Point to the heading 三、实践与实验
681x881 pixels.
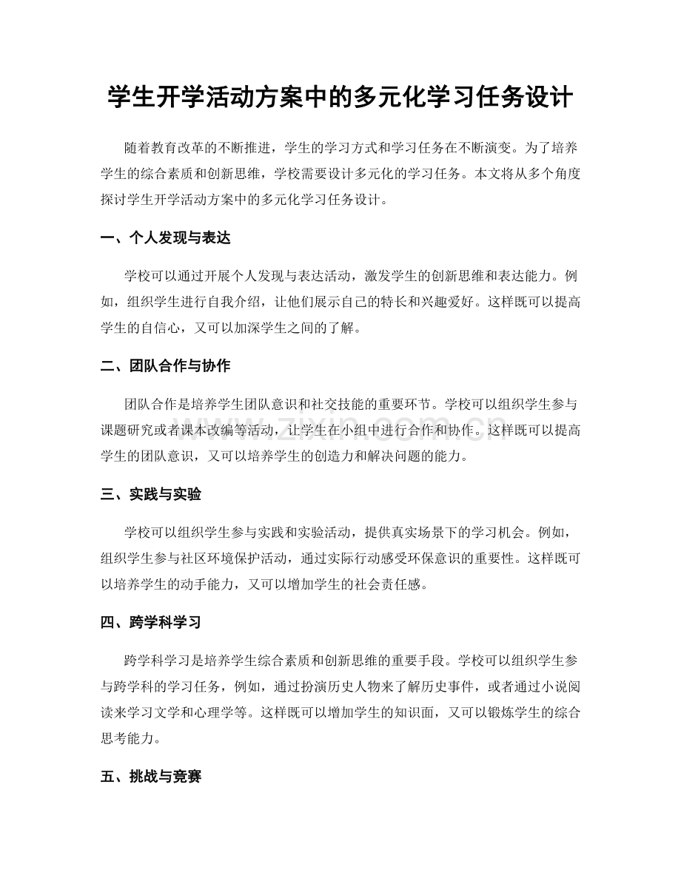[x=151, y=494]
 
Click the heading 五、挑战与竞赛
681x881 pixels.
[x=151, y=778]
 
